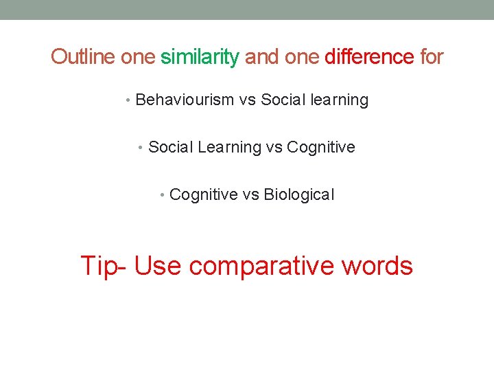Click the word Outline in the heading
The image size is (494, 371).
[83, 56]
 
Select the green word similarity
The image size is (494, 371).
[200, 56]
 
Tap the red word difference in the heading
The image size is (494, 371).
[369, 56]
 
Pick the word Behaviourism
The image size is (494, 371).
[185, 100]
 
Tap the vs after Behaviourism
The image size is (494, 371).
[247, 100]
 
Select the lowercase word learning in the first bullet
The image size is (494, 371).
[339, 100]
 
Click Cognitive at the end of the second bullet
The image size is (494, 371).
[321, 147]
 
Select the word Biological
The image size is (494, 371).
[299, 195]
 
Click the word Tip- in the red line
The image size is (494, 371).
[104, 265]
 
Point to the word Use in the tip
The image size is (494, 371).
[158, 265]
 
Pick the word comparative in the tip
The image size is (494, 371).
[263, 265]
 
